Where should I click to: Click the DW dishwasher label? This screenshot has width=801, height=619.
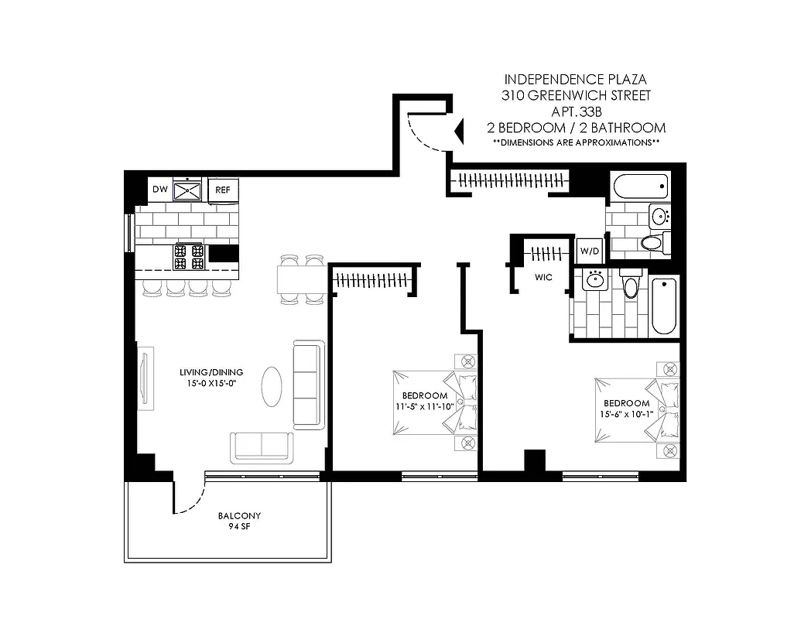point(160,189)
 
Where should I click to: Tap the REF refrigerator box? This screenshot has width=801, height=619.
point(223,190)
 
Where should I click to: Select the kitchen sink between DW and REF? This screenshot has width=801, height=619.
point(188,189)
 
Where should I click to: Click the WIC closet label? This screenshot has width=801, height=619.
point(542,278)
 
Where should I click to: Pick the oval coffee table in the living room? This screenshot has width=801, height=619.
point(272,385)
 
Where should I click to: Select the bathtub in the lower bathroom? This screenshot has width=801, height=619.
point(663,306)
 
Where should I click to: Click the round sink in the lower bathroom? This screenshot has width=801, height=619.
point(595,280)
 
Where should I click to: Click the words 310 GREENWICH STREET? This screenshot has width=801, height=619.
point(577,95)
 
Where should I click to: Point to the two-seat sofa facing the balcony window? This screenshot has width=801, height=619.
point(261,447)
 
